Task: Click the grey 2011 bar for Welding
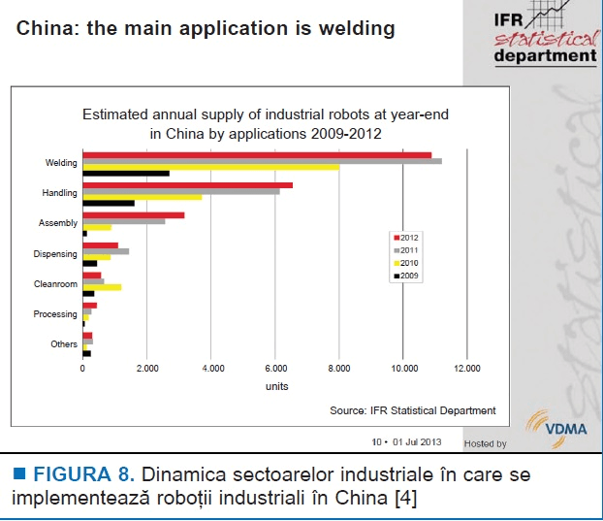tap(263, 161)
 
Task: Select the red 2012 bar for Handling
tap(188, 185)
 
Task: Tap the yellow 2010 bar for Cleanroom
tap(103, 287)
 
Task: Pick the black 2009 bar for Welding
tap(126, 174)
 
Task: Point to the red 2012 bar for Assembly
tap(134, 215)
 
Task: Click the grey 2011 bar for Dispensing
tap(106, 251)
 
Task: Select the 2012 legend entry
tap(406, 238)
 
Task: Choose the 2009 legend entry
tap(406, 276)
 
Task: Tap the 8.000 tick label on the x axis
tap(339, 369)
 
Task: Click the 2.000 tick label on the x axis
tap(147, 369)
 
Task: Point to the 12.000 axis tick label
tap(467, 369)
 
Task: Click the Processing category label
tap(55, 314)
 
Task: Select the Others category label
tap(64, 344)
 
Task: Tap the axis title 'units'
tap(277, 386)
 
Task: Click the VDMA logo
tap(556, 429)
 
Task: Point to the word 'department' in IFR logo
tap(545, 56)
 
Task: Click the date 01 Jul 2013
tap(417, 442)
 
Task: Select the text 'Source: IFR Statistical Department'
tap(413, 411)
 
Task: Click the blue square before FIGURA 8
tap(19, 473)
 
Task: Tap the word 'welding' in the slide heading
tap(357, 29)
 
